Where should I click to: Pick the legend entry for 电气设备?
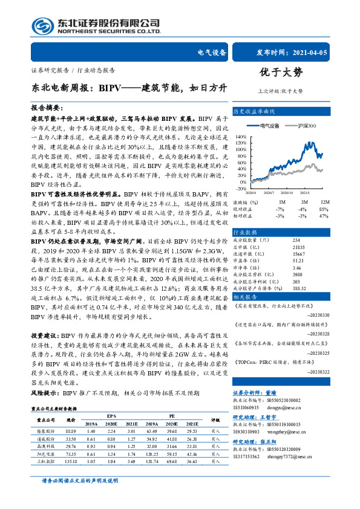click(269, 125)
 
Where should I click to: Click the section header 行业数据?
click(244, 232)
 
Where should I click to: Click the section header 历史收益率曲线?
click(254, 112)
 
